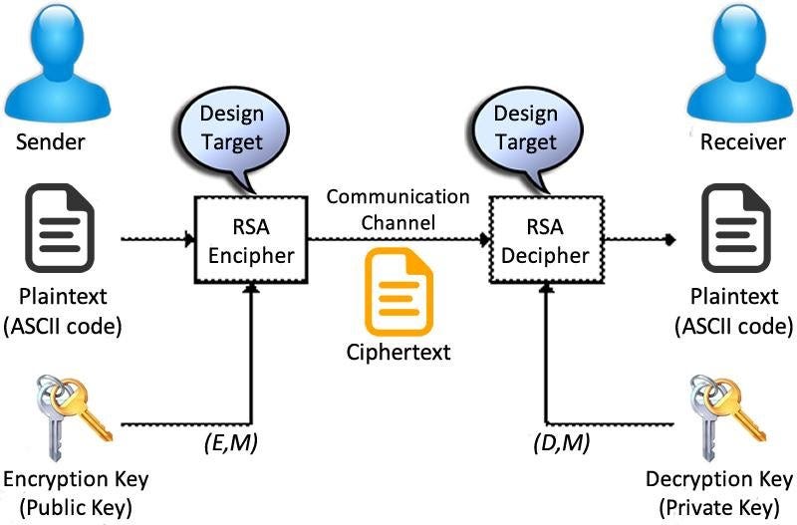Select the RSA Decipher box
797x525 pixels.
click(544, 241)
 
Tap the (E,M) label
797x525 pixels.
click(225, 442)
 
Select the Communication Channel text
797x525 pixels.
click(398, 209)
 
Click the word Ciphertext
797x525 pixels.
click(398, 352)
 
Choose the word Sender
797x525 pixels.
click(51, 142)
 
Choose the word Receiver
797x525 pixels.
click(742, 142)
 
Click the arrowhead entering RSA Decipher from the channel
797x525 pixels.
click(481, 240)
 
